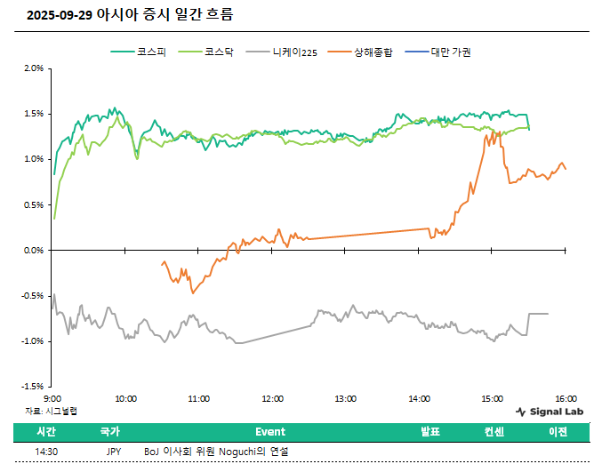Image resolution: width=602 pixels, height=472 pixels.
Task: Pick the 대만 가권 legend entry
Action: pyautogui.click(x=450, y=52)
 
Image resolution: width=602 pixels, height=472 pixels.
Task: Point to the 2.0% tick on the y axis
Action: pyautogui.click(x=33, y=68)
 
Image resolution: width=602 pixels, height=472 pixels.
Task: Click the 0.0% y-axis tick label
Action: pyautogui.click(x=33, y=250)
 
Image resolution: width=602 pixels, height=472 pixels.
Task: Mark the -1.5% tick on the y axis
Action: pyautogui.click(x=32, y=387)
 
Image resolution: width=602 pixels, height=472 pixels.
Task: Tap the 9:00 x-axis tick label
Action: pyautogui.click(x=52, y=399)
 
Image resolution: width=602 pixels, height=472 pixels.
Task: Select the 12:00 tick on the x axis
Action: pyautogui.click(x=272, y=399)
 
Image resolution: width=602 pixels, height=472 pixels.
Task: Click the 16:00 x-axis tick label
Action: pyautogui.click(x=566, y=399)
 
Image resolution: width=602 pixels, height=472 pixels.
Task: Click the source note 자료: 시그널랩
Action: pyautogui.click(x=51, y=411)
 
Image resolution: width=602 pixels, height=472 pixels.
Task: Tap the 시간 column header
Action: pyautogui.click(x=46, y=432)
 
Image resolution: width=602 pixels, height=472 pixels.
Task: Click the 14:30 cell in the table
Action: pyautogui.click(x=46, y=452)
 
